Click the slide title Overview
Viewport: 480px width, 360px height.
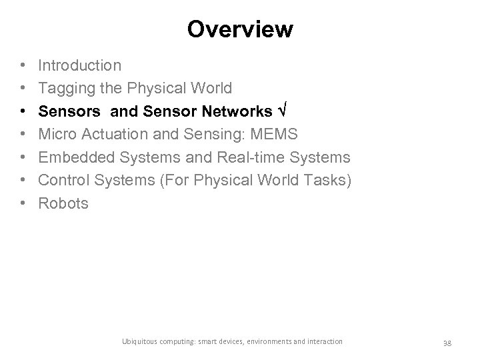(x=240, y=29)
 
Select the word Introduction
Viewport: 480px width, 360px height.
(x=80, y=65)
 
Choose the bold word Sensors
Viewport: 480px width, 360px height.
(x=67, y=111)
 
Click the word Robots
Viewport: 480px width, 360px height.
(x=63, y=203)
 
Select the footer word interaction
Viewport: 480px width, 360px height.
(x=323, y=341)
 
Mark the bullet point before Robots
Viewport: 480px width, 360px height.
(x=23, y=203)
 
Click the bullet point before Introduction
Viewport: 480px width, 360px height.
(x=23, y=65)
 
